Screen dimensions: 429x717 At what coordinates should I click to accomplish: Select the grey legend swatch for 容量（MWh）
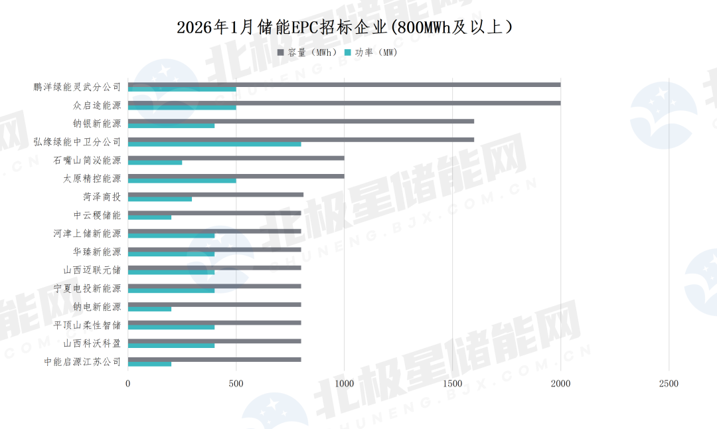click(281, 52)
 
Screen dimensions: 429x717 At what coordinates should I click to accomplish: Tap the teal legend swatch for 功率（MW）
click(348, 52)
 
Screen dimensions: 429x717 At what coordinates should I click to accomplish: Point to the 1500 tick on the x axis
click(452, 383)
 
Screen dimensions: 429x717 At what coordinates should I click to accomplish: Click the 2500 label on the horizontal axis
click(669, 383)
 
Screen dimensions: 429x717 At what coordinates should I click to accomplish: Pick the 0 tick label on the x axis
click(128, 383)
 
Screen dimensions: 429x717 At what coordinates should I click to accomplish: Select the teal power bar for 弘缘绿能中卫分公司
click(214, 144)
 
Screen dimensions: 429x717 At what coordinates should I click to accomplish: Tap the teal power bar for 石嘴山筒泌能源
click(155, 162)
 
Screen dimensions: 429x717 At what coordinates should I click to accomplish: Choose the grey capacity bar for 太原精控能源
click(236, 176)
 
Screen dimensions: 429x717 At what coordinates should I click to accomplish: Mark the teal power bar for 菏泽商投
click(160, 199)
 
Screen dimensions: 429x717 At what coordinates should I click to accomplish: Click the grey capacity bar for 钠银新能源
click(301, 121)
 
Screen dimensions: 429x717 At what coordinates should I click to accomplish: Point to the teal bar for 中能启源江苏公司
click(149, 364)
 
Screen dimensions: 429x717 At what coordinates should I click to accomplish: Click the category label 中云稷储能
click(97, 215)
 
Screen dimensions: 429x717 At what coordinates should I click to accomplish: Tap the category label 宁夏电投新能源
click(88, 288)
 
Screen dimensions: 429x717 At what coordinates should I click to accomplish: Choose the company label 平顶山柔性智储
click(88, 325)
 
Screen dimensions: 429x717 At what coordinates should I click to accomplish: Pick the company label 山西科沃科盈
click(92, 343)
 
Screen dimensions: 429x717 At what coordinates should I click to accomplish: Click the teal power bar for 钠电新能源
click(149, 309)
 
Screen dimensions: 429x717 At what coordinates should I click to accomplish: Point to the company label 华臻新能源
click(97, 252)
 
